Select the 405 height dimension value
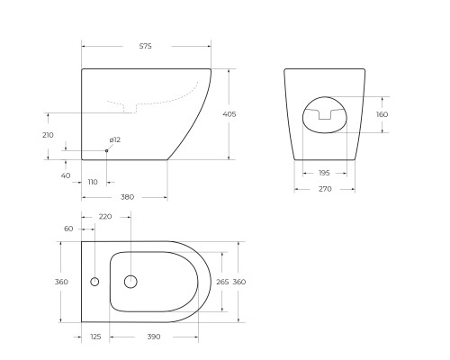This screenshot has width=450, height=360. (x=229, y=114)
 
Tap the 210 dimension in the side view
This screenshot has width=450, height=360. (x=49, y=135)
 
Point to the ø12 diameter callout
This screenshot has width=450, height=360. (x=114, y=139)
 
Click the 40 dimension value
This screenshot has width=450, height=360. (x=66, y=175)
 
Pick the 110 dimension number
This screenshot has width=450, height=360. (x=93, y=182)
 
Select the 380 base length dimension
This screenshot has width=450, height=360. (x=127, y=197)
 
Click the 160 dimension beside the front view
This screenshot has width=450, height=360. (x=382, y=114)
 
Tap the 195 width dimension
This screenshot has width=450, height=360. (x=324, y=173)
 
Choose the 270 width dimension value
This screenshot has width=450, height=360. (x=324, y=189)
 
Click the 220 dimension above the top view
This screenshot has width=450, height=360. (x=105, y=216)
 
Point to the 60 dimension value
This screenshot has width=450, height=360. (x=68, y=229)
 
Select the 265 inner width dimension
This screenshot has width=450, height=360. (x=221, y=282)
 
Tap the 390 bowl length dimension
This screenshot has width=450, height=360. (x=153, y=337)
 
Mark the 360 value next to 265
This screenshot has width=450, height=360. (x=239, y=282)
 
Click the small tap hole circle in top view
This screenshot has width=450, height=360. (x=94, y=282)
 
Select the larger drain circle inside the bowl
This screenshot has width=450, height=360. (x=130, y=282)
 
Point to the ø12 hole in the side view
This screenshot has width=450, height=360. (x=106, y=150)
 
